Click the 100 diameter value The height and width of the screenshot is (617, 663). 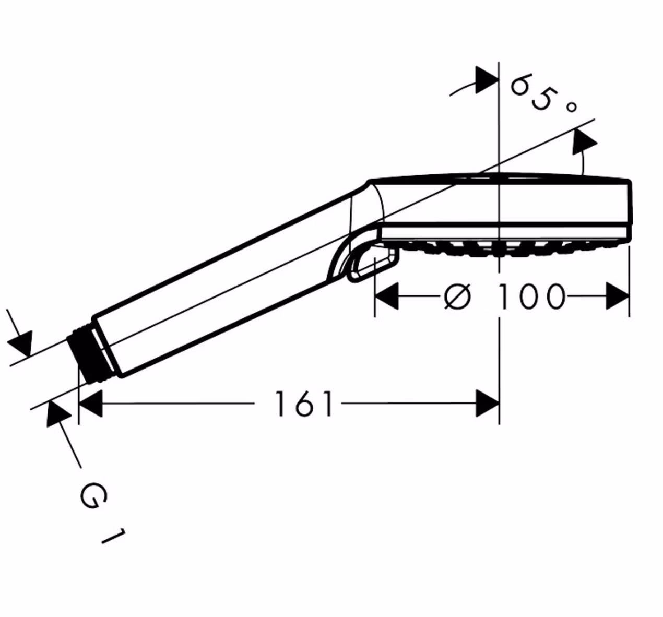coord(531,296)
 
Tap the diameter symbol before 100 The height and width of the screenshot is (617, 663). coord(457,296)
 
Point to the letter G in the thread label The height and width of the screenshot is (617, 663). coord(94,496)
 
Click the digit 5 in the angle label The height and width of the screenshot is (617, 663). coord(542,99)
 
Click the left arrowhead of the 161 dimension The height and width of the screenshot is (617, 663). coord(90,404)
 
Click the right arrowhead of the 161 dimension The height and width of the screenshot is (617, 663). coord(488,404)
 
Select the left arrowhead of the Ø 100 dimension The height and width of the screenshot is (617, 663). coord(387,296)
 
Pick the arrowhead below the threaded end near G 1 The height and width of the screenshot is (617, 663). coord(57,414)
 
